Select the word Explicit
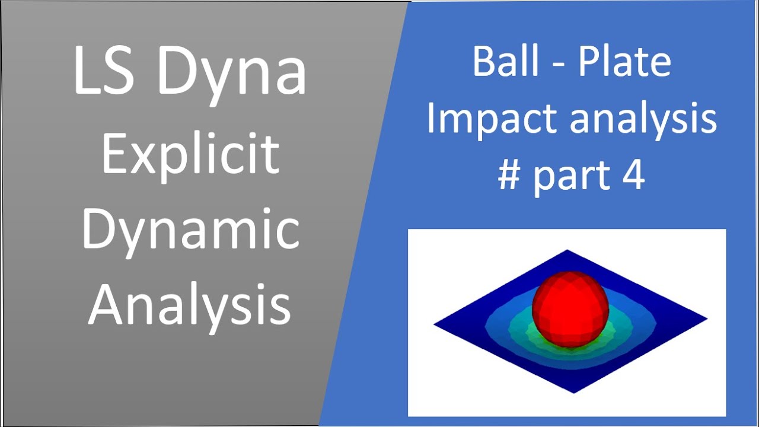(190, 154)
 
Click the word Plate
(624, 62)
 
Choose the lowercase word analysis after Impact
(643, 119)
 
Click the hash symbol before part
(509, 176)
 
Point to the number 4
(633, 176)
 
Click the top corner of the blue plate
(567, 251)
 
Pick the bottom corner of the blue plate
(574, 391)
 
